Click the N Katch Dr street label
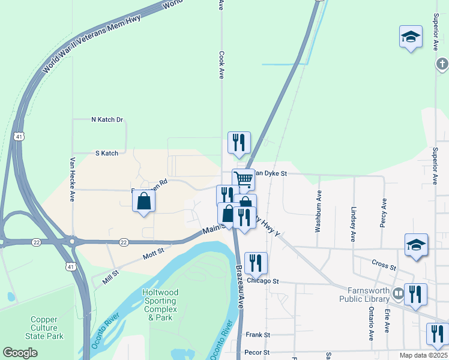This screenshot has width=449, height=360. (x=107, y=120)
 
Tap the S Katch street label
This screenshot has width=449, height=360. (x=107, y=154)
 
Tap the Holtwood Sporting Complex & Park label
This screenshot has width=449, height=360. (x=160, y=304)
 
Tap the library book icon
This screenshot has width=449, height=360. (x=397, y=295)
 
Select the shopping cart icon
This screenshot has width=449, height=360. (x=243, y=179)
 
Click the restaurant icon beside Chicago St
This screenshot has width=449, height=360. (x=256, y=262)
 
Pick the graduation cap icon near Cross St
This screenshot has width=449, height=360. (x=416, y=245)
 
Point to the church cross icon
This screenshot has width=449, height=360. (x=442, y=64)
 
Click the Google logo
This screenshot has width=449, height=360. (x=20, y=353)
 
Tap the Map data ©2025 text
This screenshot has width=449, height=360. (x=423, y=355)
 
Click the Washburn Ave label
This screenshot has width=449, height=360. (x=319, y=212)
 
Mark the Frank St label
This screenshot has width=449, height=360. (x=258, y=335)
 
